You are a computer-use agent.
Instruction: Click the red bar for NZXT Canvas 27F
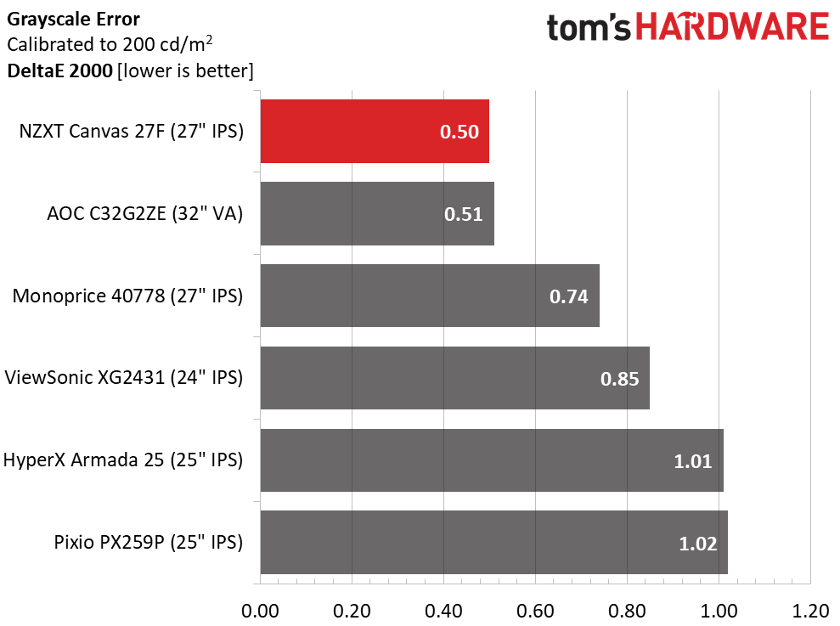(374, 131)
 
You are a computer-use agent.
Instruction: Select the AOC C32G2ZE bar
(376, 213)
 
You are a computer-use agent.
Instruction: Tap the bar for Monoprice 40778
(429, 296)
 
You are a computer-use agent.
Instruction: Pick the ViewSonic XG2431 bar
(454, 378)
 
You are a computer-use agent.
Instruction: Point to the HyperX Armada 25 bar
(491, 460)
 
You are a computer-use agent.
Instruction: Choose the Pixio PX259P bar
(493, 542)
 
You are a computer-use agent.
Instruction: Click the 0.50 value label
(459, 132)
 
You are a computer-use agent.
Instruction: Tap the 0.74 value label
(569, 296)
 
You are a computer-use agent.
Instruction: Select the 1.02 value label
(697, 543)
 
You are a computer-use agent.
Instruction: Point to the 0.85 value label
(619, 379)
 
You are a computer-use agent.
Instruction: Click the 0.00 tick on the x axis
(261, 610)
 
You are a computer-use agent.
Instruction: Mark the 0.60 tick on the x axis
(535, 610)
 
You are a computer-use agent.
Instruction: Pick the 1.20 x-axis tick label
(809, 610)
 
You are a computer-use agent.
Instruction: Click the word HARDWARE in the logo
(733, 27)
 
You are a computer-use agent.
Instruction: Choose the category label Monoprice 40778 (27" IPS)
(127, 296)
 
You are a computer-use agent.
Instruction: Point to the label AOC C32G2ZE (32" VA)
(144, 214)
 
